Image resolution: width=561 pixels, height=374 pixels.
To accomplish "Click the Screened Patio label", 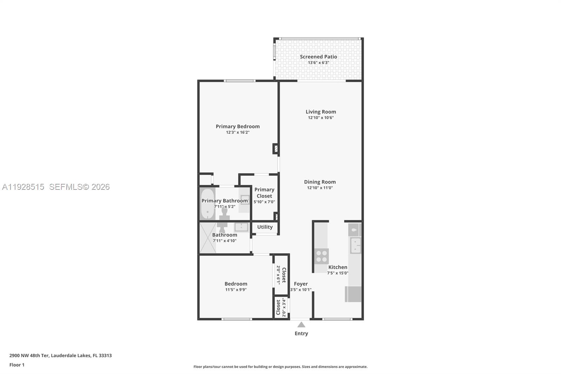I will [318, 56].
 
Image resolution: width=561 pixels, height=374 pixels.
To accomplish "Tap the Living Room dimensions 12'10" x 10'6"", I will [320, 118].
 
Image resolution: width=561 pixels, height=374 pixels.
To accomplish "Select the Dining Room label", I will [320, 182].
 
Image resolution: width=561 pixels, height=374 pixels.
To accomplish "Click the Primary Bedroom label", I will [238, 126].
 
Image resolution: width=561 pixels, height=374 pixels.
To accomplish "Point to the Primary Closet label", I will [264, 193].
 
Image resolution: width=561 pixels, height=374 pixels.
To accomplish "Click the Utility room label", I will [265, 227].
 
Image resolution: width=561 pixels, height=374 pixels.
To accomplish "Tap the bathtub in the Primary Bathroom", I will [207, 203].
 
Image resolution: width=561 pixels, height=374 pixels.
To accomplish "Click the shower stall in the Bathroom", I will [208, 238].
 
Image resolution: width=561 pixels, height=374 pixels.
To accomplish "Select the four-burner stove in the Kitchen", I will [321, 256].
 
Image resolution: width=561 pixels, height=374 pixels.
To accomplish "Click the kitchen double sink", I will [356, 245].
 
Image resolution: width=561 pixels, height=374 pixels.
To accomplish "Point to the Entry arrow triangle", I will [301, 325].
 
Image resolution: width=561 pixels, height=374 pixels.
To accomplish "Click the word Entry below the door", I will [301, 333].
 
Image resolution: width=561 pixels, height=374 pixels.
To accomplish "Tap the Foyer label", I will [301, 284].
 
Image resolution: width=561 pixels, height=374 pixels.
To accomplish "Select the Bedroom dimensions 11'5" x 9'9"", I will [236, 290].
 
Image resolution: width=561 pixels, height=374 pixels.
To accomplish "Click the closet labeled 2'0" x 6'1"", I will [281, 275].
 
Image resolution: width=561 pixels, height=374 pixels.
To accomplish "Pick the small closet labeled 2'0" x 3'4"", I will [281, 307].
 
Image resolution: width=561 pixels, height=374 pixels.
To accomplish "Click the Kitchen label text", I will [338, 267].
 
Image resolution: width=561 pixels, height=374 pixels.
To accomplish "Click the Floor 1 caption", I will [17, 365].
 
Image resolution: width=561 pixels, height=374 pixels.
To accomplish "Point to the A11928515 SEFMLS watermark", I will [56, 187].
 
